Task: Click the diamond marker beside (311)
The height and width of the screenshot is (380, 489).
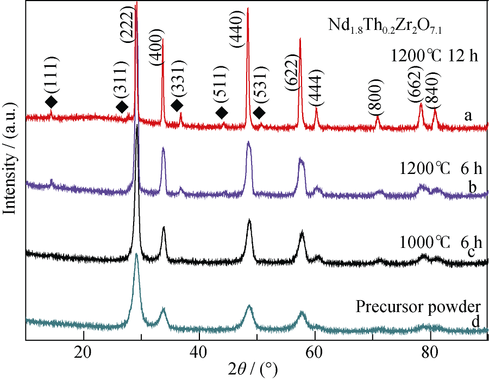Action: pos(122,107)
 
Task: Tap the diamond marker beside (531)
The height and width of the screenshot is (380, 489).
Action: pos(259,113)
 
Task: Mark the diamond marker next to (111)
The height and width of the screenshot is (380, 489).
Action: pos(51,102)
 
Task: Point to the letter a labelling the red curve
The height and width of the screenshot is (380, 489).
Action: pos(467,116)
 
